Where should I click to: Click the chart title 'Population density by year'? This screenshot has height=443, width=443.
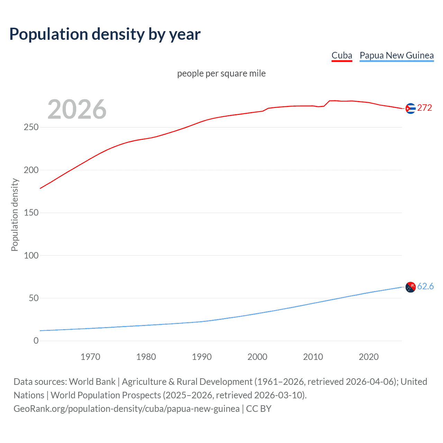[105, 34]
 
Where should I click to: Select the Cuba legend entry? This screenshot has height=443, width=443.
[342, 55]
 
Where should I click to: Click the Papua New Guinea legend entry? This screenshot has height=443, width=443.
[397, 55]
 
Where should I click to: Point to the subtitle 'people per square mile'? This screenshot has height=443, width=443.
[221, 73]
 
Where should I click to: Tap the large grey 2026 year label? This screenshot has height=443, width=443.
[77, 109]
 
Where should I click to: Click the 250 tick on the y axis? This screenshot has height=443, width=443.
[31, 127]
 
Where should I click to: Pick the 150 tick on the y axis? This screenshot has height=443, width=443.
[31, 213]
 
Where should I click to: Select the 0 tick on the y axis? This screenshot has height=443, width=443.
[36, 341]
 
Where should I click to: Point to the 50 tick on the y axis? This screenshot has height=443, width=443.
[34, 298]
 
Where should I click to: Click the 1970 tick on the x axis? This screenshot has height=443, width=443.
[90, 357]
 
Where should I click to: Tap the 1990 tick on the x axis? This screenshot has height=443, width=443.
[202, 357]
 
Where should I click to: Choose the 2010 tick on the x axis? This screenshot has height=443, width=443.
[313, 357]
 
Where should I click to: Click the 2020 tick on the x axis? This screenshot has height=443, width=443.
[369, 357]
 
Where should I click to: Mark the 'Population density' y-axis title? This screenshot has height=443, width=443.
[15, 215]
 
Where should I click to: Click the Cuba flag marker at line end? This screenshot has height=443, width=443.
[410, 109]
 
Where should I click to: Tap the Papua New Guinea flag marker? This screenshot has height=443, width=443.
[410, 287]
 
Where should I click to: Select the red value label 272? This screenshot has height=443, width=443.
[425, 108]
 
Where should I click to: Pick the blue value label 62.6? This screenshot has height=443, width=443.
[425, 286]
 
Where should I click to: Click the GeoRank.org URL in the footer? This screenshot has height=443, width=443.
[126, 409]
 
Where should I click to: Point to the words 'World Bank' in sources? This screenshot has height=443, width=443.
[92, 382]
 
